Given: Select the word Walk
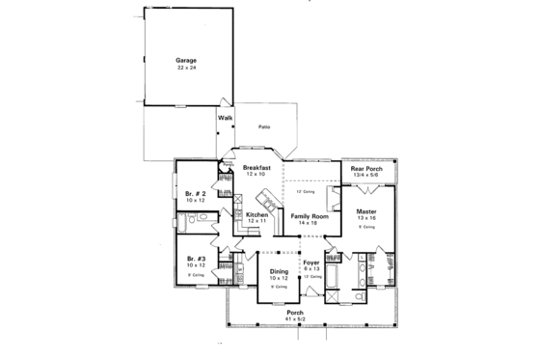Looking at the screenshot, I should [226, 118].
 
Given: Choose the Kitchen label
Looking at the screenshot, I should [256, 214].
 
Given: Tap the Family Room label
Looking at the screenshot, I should [310, 216].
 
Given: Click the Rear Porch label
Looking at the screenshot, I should [366, 168].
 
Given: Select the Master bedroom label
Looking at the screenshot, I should [365, 210].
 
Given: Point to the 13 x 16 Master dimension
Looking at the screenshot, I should [365, 218].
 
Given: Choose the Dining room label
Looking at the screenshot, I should [279, 271].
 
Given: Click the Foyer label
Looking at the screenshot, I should [310, 260].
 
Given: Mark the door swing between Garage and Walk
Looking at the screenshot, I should [225, 102].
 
